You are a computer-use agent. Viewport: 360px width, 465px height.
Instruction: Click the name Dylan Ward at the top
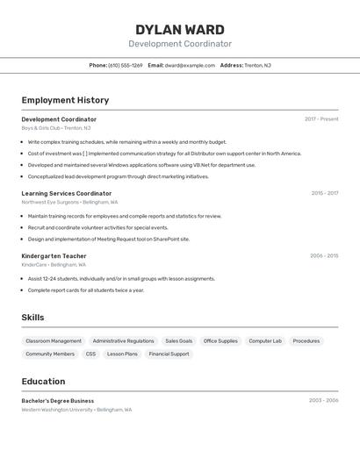180,30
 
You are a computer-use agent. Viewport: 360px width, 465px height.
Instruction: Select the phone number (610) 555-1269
125,65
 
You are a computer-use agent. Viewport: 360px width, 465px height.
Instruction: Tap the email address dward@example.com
190,65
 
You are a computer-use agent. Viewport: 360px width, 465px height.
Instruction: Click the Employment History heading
65,100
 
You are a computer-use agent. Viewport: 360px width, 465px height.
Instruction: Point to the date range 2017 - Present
321,119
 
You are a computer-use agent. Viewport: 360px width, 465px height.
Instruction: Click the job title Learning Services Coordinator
67,193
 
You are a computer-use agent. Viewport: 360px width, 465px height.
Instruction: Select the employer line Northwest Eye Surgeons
69,202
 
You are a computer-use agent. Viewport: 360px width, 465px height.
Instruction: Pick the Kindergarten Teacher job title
54,256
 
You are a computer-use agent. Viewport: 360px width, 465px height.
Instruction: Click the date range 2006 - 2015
324,256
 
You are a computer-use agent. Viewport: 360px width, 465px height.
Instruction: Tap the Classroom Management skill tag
54,340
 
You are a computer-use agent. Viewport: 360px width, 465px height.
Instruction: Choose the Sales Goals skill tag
179,340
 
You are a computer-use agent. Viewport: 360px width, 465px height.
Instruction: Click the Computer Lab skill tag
265,340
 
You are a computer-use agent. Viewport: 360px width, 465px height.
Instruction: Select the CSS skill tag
90,354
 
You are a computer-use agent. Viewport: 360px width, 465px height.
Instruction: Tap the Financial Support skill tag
169,354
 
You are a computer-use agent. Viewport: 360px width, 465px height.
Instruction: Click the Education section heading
43,382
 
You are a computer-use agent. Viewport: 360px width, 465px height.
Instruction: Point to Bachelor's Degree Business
58,400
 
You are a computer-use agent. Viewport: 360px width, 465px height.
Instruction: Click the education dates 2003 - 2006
323,400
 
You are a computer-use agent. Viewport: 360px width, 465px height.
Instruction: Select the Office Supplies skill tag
220,340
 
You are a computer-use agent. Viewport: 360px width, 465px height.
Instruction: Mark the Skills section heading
32,318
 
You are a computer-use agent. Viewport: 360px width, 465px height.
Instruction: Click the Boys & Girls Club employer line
53,128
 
